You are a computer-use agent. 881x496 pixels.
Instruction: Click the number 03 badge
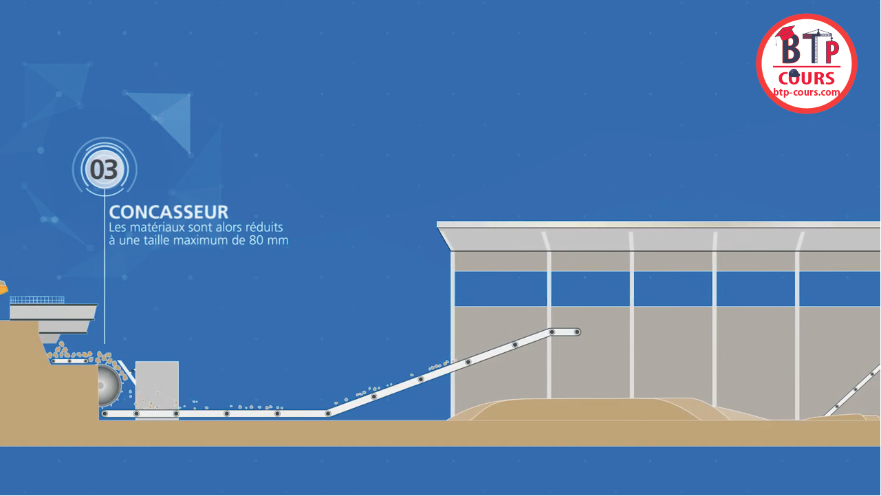(105, 169)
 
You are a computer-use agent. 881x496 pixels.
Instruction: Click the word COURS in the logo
(807, 78)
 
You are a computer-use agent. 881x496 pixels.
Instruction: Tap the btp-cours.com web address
(807, 92)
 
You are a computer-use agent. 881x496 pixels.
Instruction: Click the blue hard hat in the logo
(794, 74)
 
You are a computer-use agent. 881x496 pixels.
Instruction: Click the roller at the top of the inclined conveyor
(577, 332)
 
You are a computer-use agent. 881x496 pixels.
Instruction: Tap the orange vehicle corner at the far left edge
(3, 287)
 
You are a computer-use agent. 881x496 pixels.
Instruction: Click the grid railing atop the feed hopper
(37, 300)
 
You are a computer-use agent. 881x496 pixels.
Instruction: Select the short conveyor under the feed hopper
(69, 360)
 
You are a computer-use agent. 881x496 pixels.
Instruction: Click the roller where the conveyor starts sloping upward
(328, 413)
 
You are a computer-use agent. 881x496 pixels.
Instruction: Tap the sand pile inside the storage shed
(585, 409)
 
